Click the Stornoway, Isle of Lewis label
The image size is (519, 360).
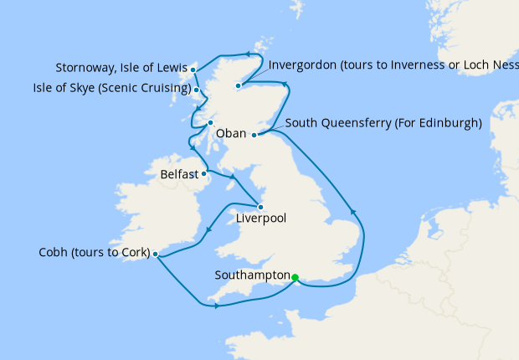tap(121, 68)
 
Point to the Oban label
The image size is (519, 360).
tap(231, 133)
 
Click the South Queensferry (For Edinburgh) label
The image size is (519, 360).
tap(383, 123)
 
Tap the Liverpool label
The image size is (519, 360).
tap(260, 219)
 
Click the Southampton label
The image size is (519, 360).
tap(252, 275)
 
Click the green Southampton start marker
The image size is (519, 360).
tap(295, 277)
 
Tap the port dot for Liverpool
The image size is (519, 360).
tap(261, 207)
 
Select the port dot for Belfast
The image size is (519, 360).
tap(204, 174)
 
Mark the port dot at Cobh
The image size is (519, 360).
tap(156, 254)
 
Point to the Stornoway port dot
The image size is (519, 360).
tap(193, 69)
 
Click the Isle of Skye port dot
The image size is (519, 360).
tap(196, 90)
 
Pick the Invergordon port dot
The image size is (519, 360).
tap(239, 85)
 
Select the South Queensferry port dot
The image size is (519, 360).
tap(254, 133)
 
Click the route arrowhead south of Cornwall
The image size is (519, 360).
tap(217, 306)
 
